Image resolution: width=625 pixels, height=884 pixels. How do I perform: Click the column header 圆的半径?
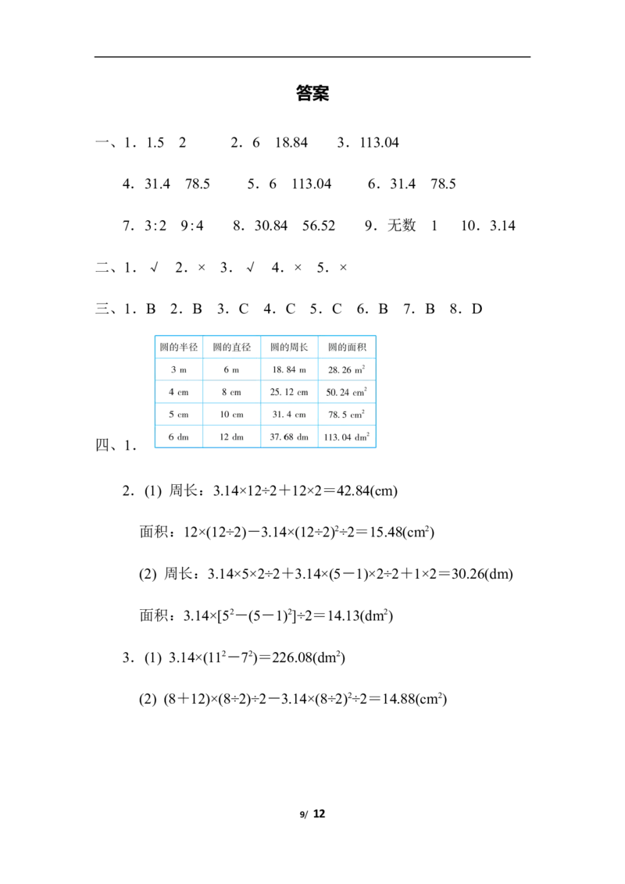click(179, 347)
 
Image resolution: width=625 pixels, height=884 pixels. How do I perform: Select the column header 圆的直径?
click(232, 347)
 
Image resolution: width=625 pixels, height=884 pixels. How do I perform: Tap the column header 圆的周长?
click(290, 347)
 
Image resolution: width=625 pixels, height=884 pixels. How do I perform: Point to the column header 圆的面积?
click(347, 347)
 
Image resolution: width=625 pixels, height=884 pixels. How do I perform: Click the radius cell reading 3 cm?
click(179, 369)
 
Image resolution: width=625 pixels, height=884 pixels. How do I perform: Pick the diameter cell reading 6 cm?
click(232, 369)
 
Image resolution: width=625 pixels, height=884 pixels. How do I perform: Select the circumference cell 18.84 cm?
click(290, 369)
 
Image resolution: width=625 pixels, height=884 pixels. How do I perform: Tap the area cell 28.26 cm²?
click(347, 369)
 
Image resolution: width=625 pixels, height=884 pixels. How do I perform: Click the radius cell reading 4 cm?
click(179, 392)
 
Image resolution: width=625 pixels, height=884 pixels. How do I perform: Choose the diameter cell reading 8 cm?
click(232, 392)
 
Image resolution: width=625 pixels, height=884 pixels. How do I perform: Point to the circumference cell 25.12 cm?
click(290, 392)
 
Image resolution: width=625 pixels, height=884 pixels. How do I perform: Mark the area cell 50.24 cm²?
click(347, 392)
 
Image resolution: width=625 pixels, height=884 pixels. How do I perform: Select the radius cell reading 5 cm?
click(179, 414)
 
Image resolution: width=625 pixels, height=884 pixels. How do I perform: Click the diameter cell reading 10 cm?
click(232, 414)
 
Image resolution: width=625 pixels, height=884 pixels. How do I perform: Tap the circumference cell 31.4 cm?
click(290, 414)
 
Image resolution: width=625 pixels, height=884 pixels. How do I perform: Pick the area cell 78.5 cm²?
click(347, 414)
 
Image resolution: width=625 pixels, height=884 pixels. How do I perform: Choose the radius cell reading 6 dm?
click(179, 437)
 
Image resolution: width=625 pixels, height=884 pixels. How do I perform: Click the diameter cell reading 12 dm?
click(232, 437)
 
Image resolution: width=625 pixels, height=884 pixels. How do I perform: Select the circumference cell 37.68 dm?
click(290, 437)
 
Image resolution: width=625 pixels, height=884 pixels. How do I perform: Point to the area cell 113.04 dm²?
click(347, 437)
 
